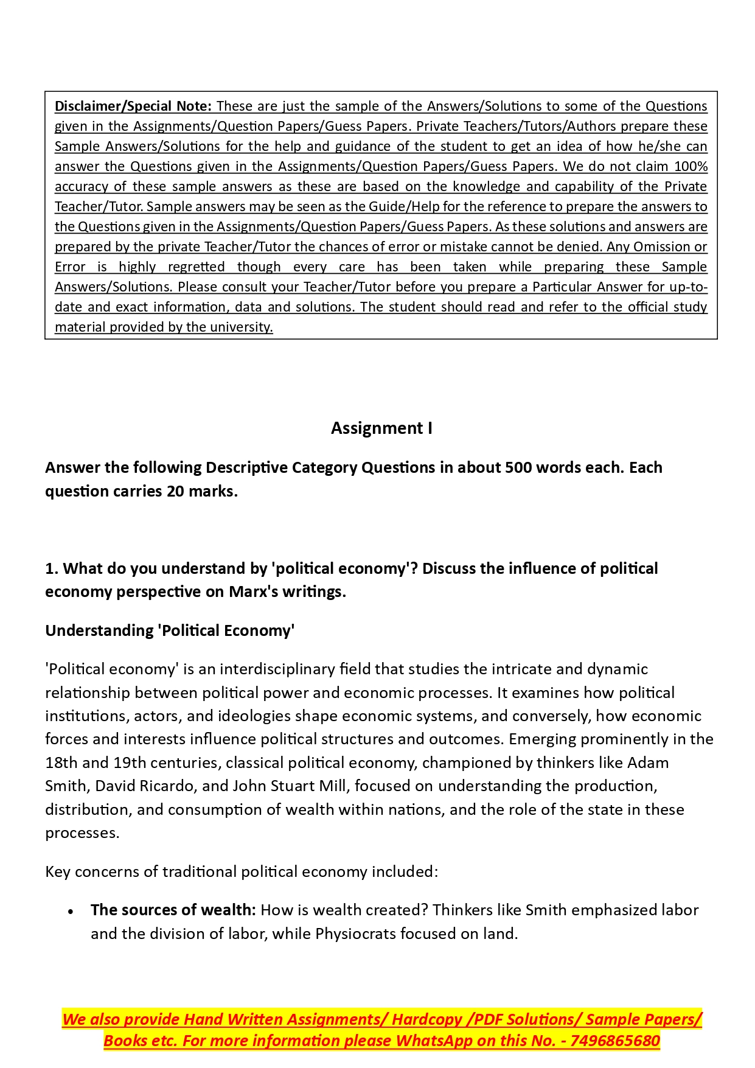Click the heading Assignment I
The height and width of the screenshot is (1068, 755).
[x=381, y=428]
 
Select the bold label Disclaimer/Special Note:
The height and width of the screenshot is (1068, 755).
[x=133, y=106]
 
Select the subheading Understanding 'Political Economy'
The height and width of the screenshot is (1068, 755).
[x=170, y=630]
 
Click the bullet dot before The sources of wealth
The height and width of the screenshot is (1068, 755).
[x=71, y=912]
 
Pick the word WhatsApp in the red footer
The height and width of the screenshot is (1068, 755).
[x=433, y=1041]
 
